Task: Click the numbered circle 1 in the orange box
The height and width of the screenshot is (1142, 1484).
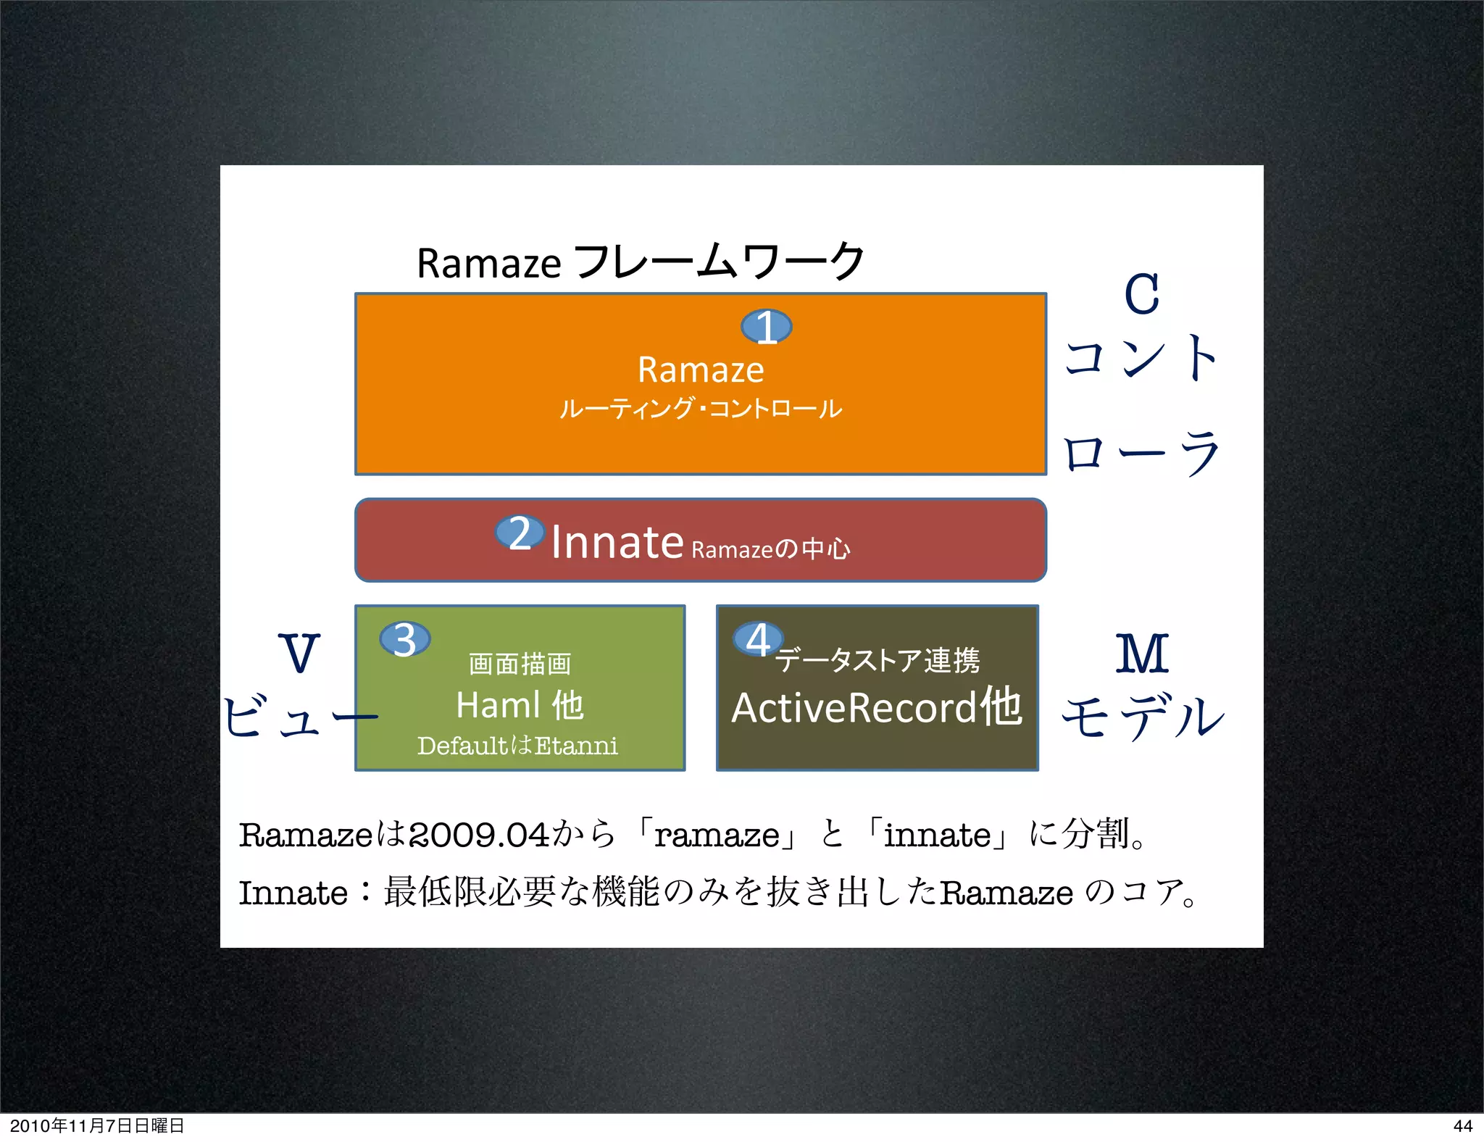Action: (x=766, y=327)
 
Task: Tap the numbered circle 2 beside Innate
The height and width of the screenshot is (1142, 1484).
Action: (x=520, y=533)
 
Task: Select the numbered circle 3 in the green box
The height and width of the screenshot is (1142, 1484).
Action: (x=405, y=639)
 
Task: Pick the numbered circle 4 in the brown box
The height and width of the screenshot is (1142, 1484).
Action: (x=758, y=639)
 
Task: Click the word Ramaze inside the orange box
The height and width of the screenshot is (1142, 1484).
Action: (x=701, y=370)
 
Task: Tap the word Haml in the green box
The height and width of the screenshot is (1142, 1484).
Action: (x=499, y=705)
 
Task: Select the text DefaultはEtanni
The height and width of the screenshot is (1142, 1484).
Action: (x=517, y=746)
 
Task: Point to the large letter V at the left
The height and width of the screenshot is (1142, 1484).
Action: (x=299, y=652)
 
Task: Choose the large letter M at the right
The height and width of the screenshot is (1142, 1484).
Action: (x=1142, y=654)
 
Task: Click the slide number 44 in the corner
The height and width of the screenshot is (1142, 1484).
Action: (x=1462, y=1125)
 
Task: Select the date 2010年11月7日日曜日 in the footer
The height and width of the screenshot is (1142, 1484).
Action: (x=97, y=1125)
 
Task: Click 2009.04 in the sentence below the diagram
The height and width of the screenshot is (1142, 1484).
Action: (x=479, y=835)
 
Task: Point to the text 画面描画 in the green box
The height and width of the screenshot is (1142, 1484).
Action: (x=520, y=664)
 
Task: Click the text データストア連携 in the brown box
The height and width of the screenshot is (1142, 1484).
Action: (x=878, y=660)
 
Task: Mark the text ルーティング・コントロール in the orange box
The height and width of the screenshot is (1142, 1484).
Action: (x=701, y=409)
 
